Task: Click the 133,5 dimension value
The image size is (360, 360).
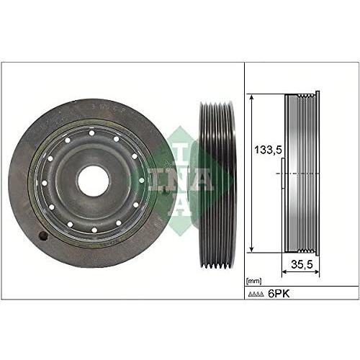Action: coord(268,150)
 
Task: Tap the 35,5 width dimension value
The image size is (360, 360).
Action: coord(302,264)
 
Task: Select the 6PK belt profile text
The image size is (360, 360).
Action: coord(279,293)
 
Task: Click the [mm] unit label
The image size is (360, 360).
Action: coord(253,281)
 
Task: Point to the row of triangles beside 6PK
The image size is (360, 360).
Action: coord(256,294)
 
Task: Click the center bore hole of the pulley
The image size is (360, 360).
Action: coord(94,180)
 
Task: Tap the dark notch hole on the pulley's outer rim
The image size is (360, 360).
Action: coord(43,236)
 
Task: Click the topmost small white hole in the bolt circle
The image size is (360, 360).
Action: coord(91,133)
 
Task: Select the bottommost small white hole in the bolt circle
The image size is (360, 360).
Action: coord(94,230)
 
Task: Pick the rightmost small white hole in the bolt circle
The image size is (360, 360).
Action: coord(141,180)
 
